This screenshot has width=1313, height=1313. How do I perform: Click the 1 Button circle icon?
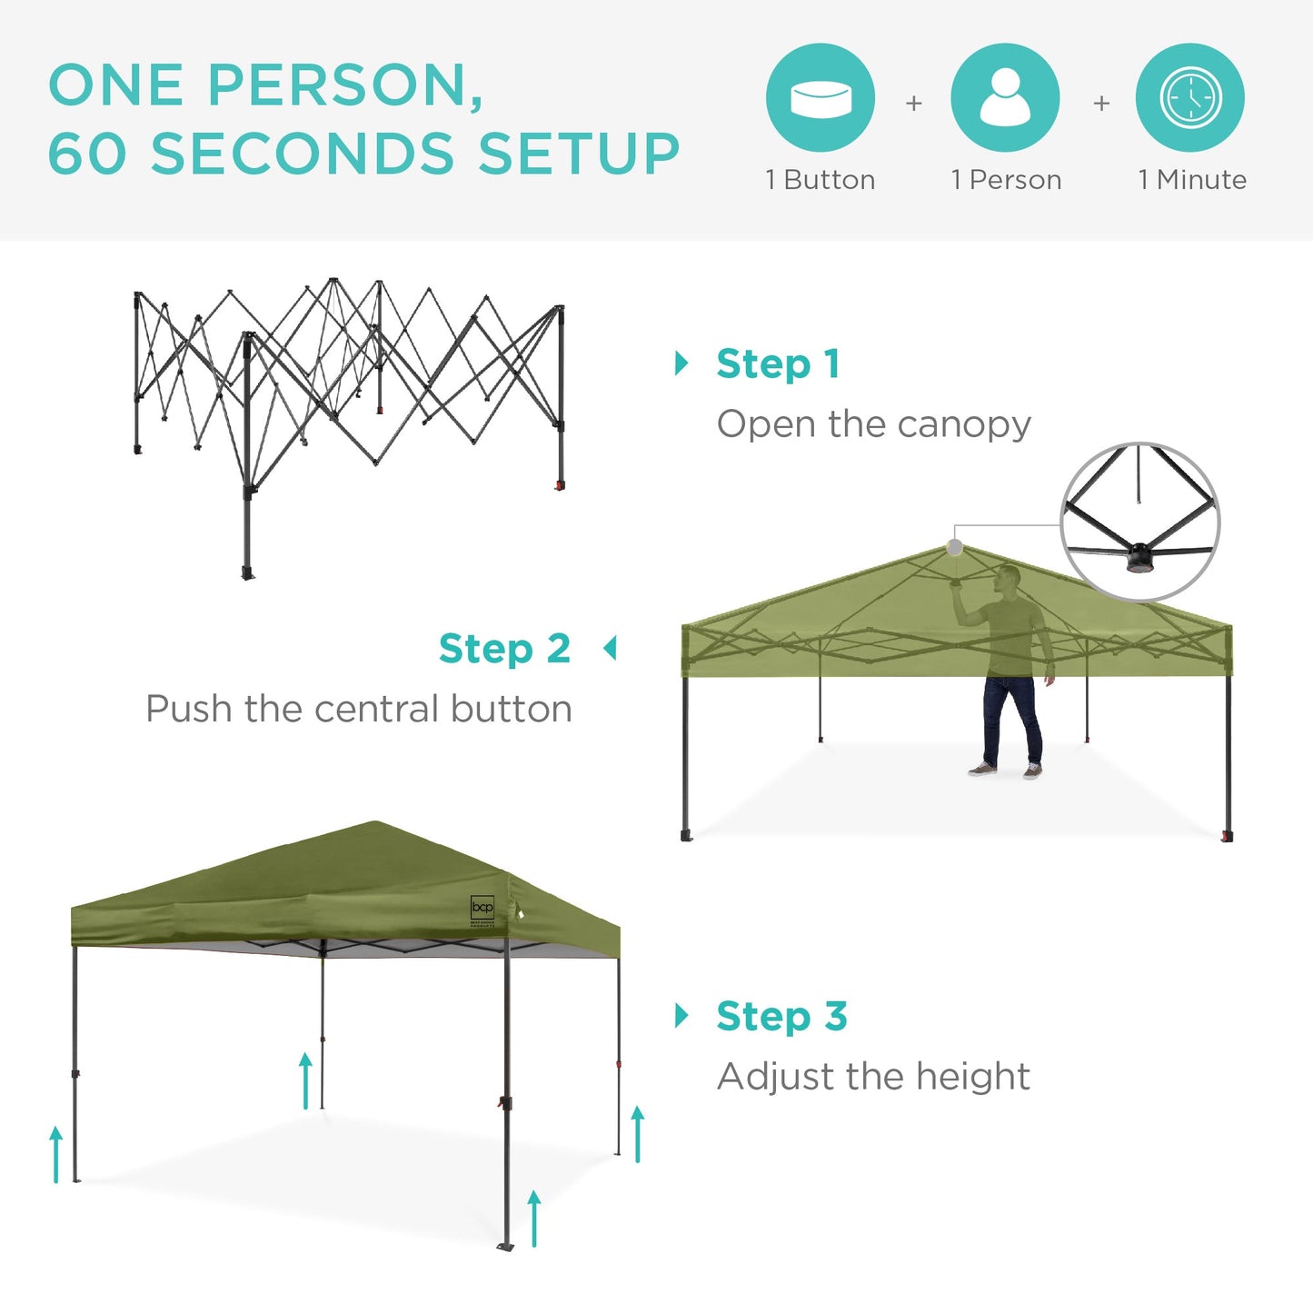820,97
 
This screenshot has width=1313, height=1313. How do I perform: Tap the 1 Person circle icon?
1005,97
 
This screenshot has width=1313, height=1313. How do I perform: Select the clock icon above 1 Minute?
1190,97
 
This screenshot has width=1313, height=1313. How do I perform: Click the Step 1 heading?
778,363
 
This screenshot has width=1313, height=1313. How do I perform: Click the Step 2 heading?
504,649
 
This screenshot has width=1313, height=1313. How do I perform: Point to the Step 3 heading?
781,1016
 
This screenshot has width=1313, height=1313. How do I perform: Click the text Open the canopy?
873,424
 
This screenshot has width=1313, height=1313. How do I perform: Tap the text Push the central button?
359,709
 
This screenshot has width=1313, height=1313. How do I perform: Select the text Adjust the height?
873,1077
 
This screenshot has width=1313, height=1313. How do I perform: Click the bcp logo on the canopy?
482,908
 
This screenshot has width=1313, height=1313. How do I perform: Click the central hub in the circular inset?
1139,555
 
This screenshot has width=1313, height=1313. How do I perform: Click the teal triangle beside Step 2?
611,649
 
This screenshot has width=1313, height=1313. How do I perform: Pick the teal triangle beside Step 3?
681,1015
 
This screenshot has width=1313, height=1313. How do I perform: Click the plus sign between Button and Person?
914,104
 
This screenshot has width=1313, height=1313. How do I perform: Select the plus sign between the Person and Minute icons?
1101,104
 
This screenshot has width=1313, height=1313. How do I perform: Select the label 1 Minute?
1192,180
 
